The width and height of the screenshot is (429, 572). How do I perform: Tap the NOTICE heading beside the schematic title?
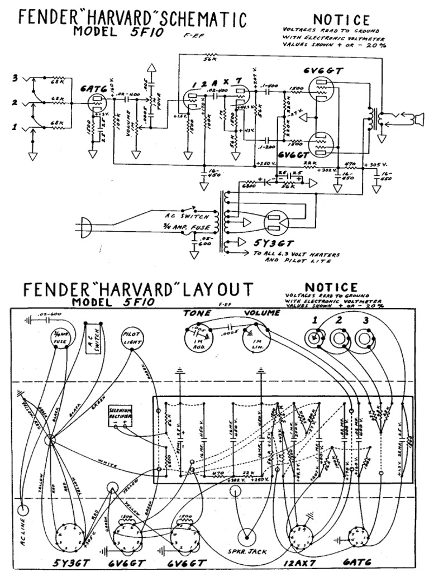tap(341, 21)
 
